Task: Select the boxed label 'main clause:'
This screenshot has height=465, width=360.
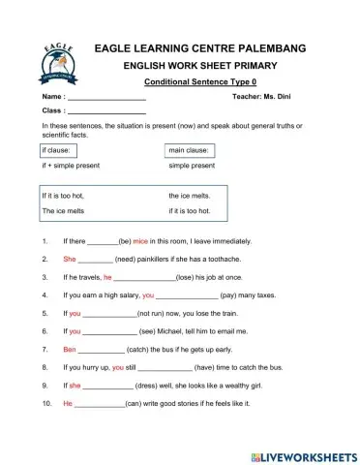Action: pyautogui.click(x=186, y=152)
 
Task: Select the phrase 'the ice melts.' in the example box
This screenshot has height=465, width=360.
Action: pyautogui.click(x=190, y=197)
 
